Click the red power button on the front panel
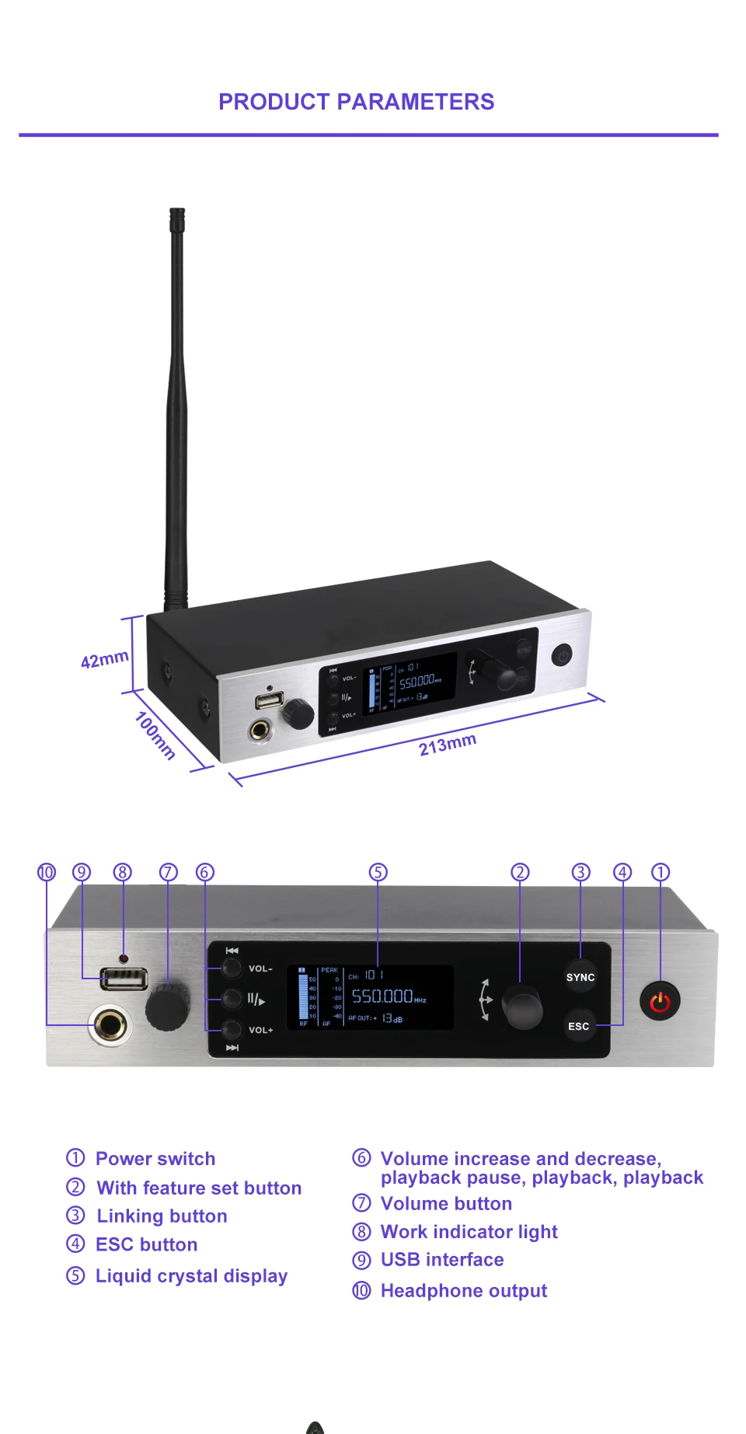coord(660,1002)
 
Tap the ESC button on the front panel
coord(579,1026)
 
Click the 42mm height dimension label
coord(105,659)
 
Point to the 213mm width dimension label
coord(447,745)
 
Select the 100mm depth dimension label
coord(155,735)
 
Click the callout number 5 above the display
coord(378,872)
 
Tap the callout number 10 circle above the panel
coord(47,872)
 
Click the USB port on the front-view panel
coord(124,979)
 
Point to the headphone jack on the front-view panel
coord(110,1025)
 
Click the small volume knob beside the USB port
coord(168,1008)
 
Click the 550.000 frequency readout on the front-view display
coord(382,996)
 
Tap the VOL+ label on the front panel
coord(260,1030)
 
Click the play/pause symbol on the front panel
coord(256,1000)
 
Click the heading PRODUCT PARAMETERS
coord(356,102)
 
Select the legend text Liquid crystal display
coord(191,1276)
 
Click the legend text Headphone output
coord(463,1291)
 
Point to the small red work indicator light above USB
coord(124,958)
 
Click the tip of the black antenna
coord(177,211)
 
